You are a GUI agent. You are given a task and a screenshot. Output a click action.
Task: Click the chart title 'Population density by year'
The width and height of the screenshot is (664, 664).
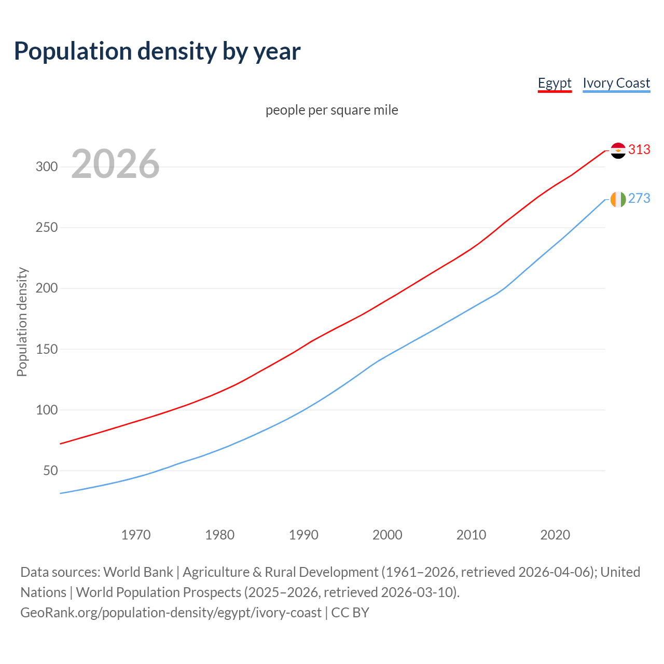coord(157,51)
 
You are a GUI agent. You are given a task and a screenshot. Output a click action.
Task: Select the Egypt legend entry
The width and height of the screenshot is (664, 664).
coord(554,83)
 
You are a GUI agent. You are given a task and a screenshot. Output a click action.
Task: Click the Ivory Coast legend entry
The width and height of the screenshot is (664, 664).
coord(616,83)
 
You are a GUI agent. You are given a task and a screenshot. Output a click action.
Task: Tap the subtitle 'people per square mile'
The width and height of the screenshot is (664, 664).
coord(331,110)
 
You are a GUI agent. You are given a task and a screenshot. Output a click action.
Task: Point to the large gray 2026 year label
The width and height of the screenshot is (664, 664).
coord(115,164)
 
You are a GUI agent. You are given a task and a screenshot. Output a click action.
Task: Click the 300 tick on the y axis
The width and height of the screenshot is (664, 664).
coord(46,167)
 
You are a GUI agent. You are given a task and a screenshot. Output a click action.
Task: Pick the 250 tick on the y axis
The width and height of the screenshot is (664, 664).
coord(46,227)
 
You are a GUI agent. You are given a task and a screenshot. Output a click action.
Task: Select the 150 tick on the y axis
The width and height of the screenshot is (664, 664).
coord(46,349)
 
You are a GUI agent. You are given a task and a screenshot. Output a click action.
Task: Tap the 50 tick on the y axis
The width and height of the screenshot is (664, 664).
coord(50,471)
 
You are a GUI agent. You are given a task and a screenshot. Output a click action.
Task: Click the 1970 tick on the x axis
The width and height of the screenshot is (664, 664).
coord(136,535)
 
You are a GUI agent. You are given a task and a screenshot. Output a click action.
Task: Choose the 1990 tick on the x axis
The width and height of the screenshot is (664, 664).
coord(303,535)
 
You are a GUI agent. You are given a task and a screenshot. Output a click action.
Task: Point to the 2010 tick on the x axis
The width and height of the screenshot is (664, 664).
coord(471,535)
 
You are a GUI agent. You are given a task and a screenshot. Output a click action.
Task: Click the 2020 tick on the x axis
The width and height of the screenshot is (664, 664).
coord(555,535)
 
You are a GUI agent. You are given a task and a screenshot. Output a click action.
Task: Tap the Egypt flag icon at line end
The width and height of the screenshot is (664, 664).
coord(618,150)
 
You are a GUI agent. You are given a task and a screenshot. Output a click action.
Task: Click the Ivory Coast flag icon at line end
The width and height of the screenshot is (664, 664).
coord(618,199)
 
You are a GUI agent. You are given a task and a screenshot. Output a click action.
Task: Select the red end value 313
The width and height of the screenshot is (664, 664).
coord(639,150)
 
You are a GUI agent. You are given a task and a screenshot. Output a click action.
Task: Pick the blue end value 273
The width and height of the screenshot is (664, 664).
coord(639,199)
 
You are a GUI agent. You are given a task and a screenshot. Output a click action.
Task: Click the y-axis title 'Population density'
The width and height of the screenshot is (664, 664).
coord(22,322)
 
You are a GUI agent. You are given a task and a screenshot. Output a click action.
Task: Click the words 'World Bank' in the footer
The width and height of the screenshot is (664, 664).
coord(138,572)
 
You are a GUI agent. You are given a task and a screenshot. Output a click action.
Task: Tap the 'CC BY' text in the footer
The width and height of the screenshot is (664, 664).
coord(350,613)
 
